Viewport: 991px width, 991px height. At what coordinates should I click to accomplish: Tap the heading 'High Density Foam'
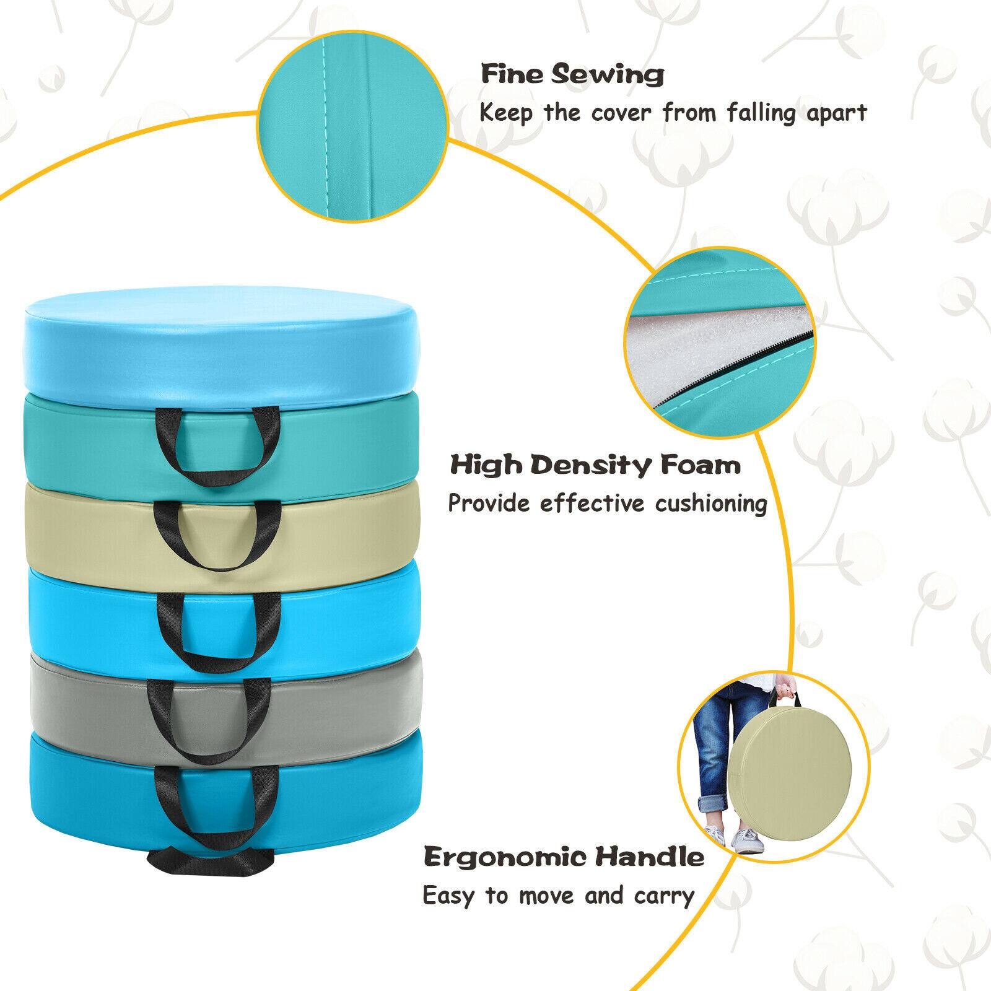[x=595, y=465]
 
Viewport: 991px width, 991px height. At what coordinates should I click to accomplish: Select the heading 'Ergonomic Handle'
[x=564, y=858]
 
